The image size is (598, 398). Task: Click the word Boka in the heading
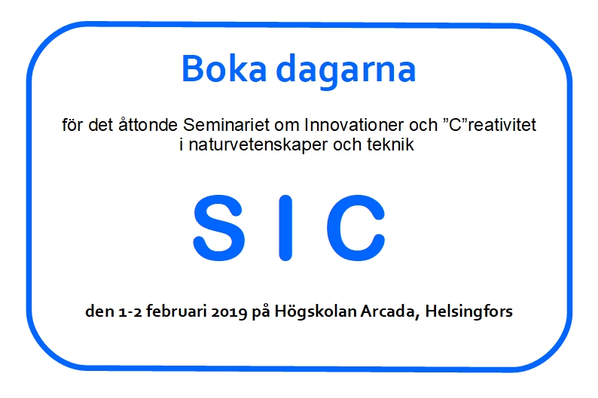[224, 68]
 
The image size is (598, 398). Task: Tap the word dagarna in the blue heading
[346, 71]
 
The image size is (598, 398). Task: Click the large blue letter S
[218, 228]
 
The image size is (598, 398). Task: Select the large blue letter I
[285, 228]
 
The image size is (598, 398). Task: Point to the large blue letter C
[355, 228]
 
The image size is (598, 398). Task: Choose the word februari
[176, 311]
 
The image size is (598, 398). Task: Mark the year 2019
[229, 311]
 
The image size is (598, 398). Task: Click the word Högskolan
[316, 311]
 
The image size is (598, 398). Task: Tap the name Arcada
[390, 311]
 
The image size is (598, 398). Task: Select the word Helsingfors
[468, 311]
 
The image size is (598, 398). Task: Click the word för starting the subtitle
[75, 125]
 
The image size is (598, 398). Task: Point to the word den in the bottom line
[100, 311]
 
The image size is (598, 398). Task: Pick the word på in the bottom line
[261, 311]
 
